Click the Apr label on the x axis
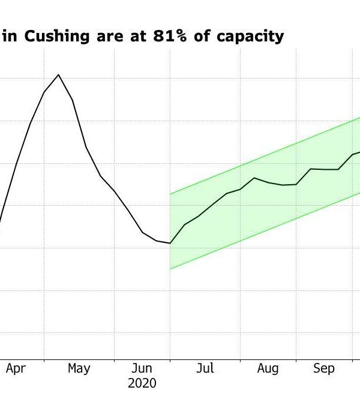pos(16,368)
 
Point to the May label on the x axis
pos(79,368)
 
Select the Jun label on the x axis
pos(142,368)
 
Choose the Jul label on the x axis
pos(205,368)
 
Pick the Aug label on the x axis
pos(268,368)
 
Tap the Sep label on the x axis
pos(323,368)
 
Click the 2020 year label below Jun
pos(142,383)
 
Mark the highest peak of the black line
pos(58,75)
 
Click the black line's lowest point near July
pos(170,244)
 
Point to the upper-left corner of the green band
pos(170,194)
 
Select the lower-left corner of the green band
pos(170,269)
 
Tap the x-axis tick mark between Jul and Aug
pos(240,359)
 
